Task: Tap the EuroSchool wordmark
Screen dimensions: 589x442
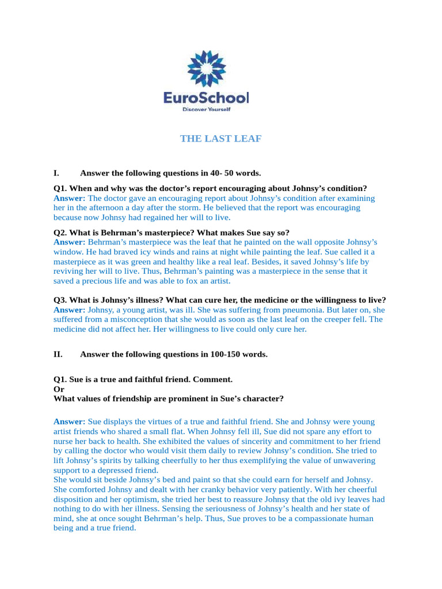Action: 206,98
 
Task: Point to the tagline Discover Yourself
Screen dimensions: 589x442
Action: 206,109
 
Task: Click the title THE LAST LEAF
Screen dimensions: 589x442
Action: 220,139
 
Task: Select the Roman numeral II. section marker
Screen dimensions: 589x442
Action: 58,354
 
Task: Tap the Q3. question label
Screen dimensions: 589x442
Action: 60,300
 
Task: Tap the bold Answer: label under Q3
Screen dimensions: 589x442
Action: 69,309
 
